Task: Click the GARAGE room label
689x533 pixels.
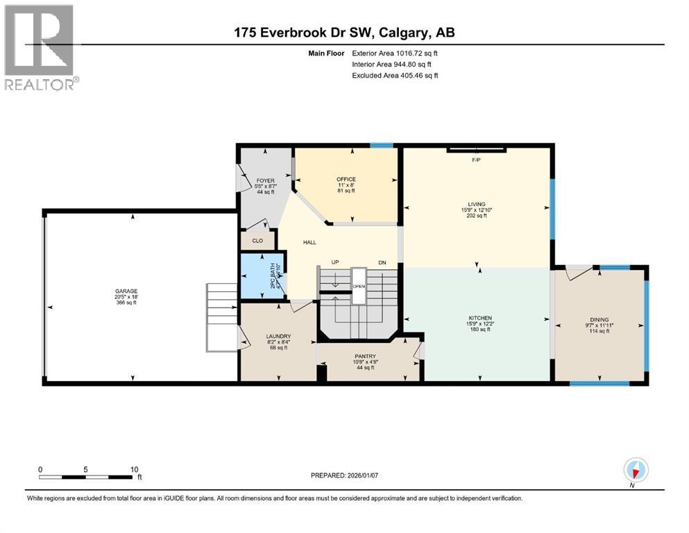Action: [x=126, y=291]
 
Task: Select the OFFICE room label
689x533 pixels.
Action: [x=346, y=179]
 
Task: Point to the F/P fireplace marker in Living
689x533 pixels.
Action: [x=476, y=160]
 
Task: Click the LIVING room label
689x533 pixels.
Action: [x=476, y=204]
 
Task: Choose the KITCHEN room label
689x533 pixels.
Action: [x=479, y=318]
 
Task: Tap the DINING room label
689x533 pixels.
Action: [x=599, y=320]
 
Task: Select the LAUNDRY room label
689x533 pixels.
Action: [x=278, y=337]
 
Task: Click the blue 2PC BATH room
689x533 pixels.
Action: [x=262, y=276]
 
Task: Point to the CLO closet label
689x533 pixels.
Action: [x=257, y=241]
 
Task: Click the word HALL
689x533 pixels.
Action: [x=309, y=242]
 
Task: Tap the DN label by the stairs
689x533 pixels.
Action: [x=381, y=262]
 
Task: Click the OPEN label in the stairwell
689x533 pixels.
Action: [x=358, y=286]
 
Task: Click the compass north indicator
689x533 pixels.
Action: [x=636, y=471]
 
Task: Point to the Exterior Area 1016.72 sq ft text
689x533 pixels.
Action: [x=394, y=53]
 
